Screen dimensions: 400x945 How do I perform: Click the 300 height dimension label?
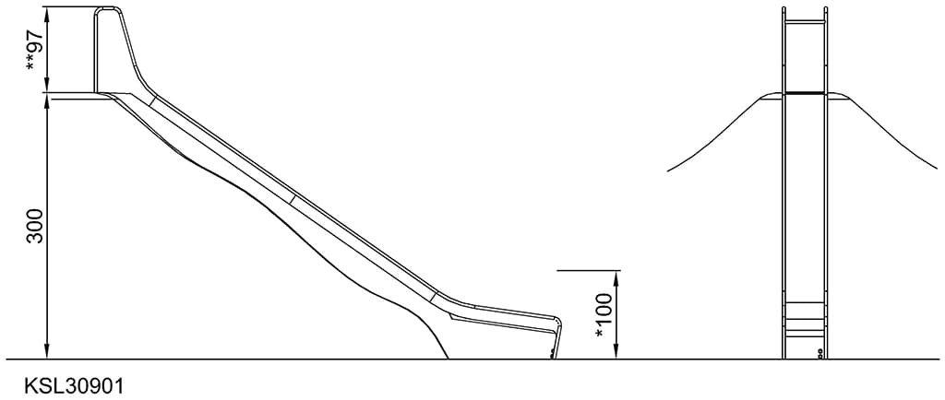(x=35, y=225)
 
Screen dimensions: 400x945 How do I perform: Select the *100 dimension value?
(x=604, y=315)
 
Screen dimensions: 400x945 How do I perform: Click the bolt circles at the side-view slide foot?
(x=552, y=352)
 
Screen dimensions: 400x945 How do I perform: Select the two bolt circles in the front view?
(x=820, y=352)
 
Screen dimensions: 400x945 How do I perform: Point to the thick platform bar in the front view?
(x=804, y=92)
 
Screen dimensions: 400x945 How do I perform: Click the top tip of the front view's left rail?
(x=784, y=9)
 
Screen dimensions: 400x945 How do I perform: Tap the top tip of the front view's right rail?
(x=824, y=9)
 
